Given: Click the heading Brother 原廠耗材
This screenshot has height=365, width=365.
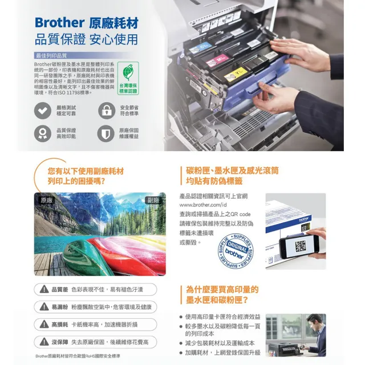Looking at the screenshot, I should click(86, 22).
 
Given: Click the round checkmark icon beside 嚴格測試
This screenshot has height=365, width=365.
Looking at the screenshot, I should click(42, 111).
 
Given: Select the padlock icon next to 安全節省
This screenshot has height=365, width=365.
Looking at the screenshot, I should click(106, 111).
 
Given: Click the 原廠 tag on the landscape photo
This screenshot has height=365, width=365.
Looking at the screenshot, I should click(47, 200).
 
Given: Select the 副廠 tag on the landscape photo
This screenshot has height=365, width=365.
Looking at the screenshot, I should click(153, 200).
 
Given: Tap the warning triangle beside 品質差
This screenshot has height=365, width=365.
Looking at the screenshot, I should click(43, 290).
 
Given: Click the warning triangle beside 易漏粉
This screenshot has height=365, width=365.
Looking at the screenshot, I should click(43, 307).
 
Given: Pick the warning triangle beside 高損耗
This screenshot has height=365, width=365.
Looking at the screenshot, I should click(43, 324).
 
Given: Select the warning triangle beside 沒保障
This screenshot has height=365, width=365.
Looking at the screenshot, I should click(43, 342).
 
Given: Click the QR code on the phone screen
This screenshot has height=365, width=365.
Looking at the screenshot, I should click(300, 246).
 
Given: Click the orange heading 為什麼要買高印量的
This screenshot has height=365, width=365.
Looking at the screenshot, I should click(222, 290).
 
